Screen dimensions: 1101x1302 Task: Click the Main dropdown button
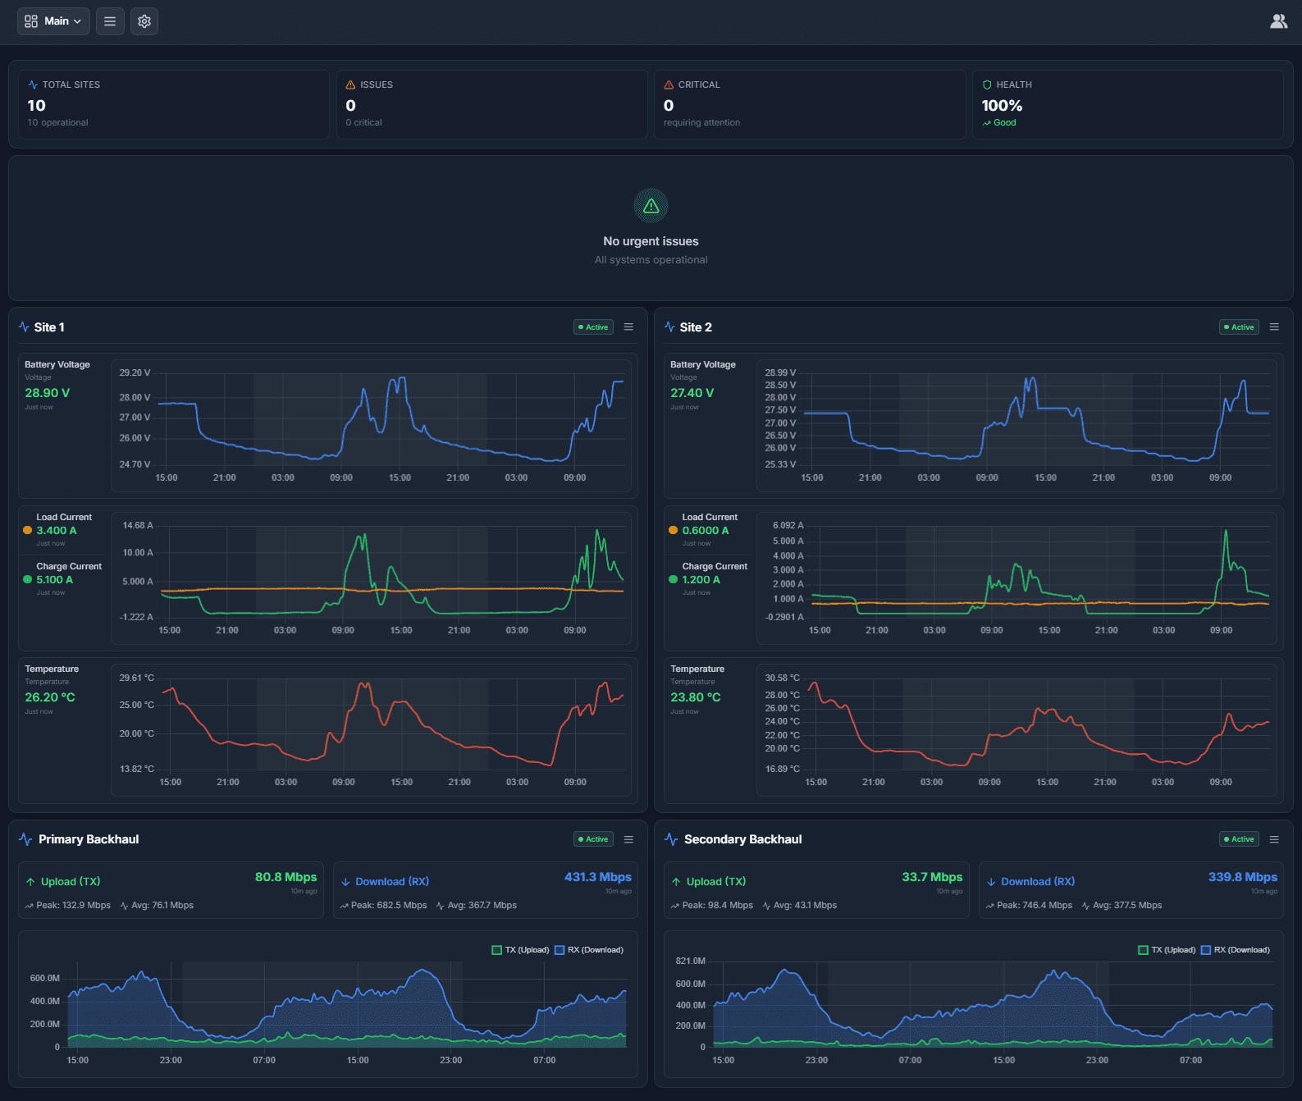tap(53, 21)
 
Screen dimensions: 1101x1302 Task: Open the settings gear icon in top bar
tap(144, 21)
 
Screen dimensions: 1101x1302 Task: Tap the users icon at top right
tap(1278, 21)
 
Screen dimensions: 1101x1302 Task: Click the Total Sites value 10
tap(37, 106)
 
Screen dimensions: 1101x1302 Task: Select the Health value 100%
tap(1002, 106)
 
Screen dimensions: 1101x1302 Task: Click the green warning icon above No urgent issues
tap(651, 206)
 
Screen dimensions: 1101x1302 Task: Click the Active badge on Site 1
tap(593, 327)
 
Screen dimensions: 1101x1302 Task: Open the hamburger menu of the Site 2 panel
tap(1274, 327)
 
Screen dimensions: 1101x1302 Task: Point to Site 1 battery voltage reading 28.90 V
tap(48, 393)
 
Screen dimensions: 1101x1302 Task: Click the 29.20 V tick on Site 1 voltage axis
tap(135, 372)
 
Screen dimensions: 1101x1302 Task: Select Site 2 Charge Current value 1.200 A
tap(701, 580)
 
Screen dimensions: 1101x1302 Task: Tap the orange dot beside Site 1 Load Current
tap(28, 531)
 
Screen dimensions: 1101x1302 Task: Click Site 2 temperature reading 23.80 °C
tap(695, 697)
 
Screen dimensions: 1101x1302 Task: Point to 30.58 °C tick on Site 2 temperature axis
tap(782, 678)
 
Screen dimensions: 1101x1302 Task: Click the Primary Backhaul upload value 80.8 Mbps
tap(286, 877)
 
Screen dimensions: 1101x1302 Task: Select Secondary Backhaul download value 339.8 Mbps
tap(1242, 877)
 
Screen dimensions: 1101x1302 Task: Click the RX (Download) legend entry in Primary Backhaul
tap(589, 950)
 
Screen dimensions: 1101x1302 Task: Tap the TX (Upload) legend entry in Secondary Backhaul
tap(1167, 950)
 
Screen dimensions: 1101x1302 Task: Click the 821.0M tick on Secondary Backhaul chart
tap(690, 961)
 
